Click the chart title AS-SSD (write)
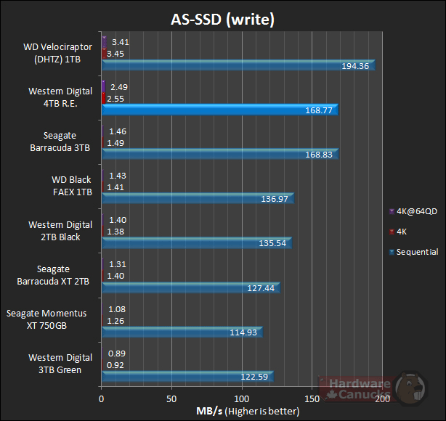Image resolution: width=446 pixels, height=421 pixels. click(223, 20)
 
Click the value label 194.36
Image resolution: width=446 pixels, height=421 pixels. click(354, 66)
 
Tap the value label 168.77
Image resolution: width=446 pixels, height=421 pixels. click(318, 110)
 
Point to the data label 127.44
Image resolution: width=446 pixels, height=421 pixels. click(261, 287)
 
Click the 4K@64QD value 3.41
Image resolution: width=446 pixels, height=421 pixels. click(121, 42)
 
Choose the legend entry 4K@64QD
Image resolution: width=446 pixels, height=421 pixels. click(413, 211)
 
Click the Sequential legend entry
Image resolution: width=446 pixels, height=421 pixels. click(413, 252)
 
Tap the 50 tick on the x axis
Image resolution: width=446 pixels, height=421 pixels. click(171, 398)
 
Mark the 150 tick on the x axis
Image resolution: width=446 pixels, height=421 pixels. click(312, 398)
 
